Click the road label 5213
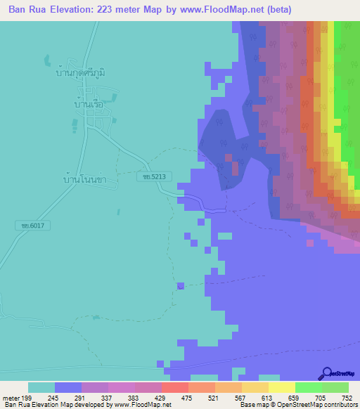(152, 178)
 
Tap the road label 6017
(28, 226)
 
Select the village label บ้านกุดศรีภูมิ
(84, 72)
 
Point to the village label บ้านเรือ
(89, 104)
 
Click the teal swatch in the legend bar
(41, 387)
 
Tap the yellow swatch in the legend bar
(282, 387)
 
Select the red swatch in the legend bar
(174, 387)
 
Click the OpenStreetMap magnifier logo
(326, 373)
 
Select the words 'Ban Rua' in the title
(28, 10)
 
